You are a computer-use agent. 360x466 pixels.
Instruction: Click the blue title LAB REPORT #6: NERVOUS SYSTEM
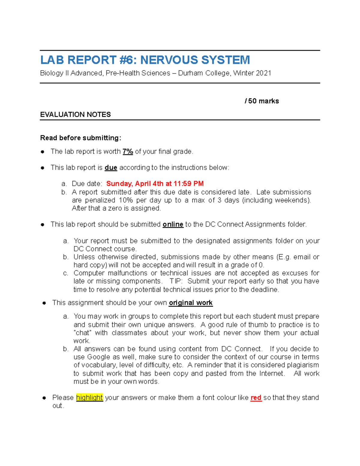145,60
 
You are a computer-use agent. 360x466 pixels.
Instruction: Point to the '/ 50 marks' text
262,101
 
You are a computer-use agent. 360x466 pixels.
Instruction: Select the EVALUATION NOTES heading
75,115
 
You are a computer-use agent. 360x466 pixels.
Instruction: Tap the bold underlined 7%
127,152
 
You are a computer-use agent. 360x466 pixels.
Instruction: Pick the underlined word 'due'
111,168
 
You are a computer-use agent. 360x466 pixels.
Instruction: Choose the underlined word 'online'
173,224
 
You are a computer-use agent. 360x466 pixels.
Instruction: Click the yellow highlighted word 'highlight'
89,398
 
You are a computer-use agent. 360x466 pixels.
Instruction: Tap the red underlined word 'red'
256,398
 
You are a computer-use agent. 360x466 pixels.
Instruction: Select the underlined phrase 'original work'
190,303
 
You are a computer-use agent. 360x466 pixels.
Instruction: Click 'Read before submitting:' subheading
81,138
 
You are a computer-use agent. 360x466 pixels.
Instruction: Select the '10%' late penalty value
125,200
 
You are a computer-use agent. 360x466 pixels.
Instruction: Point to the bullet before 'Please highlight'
44,398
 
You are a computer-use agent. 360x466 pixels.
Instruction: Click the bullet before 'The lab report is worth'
43,152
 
